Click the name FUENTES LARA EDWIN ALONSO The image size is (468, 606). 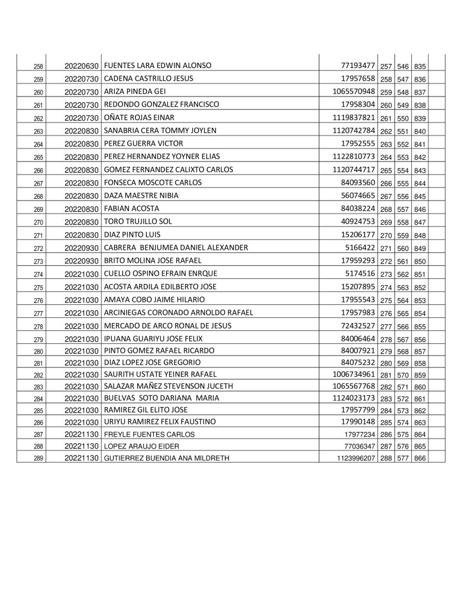point(157,66)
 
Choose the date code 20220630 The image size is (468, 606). point(83,66)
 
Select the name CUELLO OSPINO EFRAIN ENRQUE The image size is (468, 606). point(160,274)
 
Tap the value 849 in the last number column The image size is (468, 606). point(421,249)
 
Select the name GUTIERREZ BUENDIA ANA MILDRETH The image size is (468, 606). point(166,458)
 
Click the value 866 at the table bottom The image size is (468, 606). point(421,458)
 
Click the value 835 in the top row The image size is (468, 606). point(421,66)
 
